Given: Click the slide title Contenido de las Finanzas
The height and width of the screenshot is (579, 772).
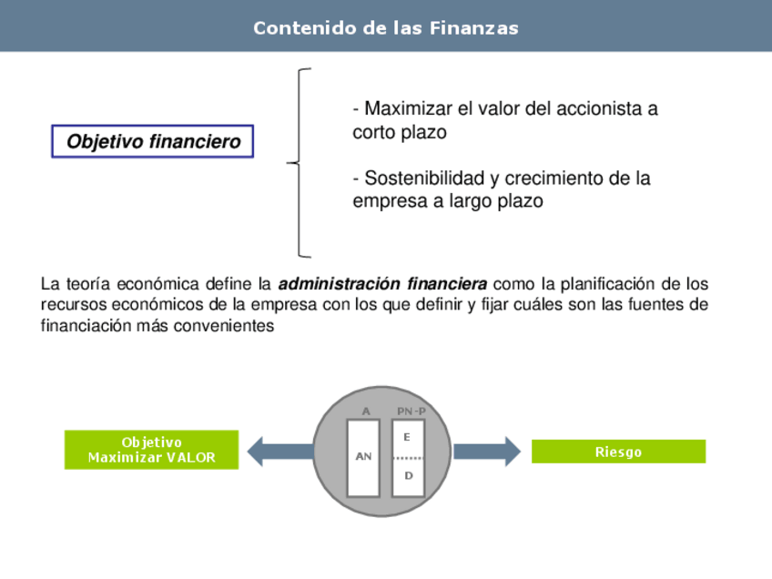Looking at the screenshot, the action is coord(386,28).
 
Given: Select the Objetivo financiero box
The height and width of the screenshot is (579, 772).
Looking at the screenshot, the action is coord(153,142).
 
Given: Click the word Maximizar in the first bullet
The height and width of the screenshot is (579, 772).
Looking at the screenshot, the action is coord(408,109).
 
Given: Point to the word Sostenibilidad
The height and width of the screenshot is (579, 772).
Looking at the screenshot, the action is coord(418,178).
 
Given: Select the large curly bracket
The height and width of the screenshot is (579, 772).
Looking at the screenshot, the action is coord(301,163).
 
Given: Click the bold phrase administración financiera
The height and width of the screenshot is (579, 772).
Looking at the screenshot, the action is coord(382,283).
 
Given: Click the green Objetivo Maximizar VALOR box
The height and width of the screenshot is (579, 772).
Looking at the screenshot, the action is coord(151,450).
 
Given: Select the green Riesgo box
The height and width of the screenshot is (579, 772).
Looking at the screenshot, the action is coord(618,452).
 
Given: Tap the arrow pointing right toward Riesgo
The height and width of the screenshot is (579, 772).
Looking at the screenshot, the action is coord(487,451).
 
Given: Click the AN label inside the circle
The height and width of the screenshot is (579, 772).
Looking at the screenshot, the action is coord(363,457).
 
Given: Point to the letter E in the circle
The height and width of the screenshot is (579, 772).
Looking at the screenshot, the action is coord(407,438).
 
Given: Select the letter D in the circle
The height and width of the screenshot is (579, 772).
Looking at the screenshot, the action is coord(408,475).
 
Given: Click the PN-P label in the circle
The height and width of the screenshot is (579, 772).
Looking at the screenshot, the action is coord(411,411).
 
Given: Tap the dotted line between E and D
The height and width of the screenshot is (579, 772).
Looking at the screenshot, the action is coord(409,457).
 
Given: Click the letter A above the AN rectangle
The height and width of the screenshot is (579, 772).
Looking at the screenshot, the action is coord(366,411).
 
